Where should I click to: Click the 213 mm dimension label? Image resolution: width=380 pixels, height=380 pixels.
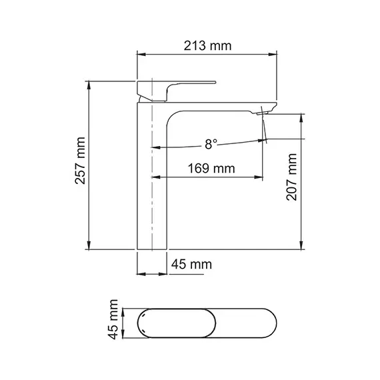[x=207, y=46]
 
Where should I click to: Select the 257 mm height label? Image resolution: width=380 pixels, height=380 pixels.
[x=81, y=165]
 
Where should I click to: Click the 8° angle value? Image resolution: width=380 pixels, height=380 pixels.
[x=211, y=143]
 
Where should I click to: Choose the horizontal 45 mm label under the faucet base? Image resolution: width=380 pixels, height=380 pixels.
[x=191, y=265]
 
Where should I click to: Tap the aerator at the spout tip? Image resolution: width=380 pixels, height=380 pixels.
[x=263, y=115]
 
